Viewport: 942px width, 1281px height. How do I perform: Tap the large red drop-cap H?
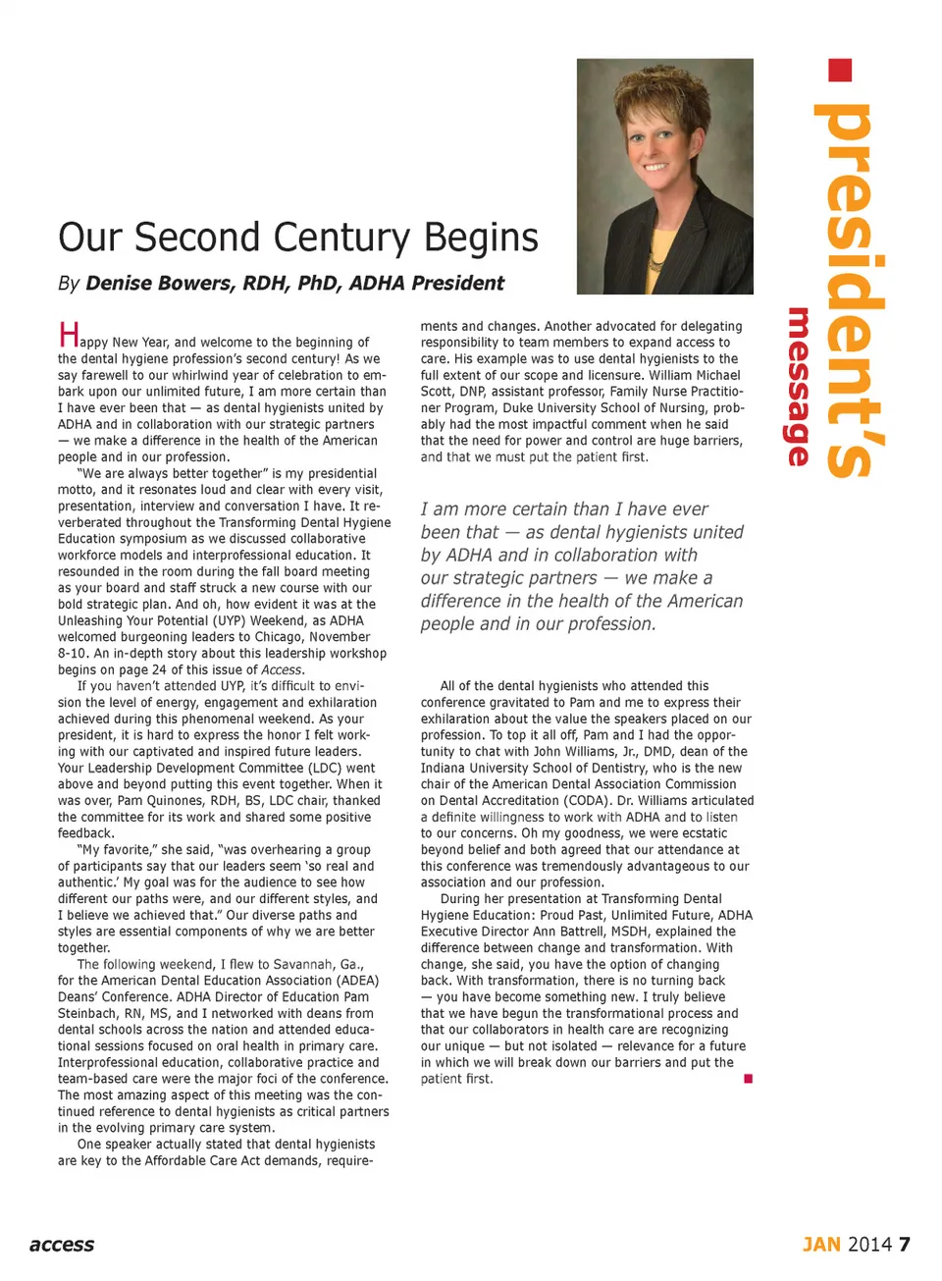[69, 335]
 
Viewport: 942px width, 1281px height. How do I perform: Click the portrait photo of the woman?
[664, 177]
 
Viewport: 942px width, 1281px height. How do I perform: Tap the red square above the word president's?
[840, 71]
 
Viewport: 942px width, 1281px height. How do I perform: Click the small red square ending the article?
[748, 1079]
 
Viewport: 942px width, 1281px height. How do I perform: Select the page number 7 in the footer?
[904, 1245]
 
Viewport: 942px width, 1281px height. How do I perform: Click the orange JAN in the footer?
[821, 1245]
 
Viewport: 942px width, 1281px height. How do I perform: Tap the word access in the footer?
[62, 1245]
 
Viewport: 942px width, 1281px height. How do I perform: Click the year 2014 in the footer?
[869, 1245]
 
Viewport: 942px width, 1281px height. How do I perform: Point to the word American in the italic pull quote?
[698, 601]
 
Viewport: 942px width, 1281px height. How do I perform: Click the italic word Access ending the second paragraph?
[282, 669]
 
